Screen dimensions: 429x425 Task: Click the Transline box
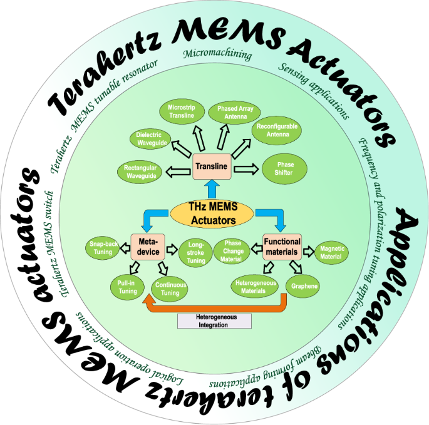click(212, 166)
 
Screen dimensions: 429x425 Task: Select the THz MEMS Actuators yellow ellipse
click(212, 215)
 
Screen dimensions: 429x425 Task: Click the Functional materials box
click(281, 246)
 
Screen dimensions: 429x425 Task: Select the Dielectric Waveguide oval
click(149, 138)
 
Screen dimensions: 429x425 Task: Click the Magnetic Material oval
click(332, 252)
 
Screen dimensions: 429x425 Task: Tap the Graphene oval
click(301, 287)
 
